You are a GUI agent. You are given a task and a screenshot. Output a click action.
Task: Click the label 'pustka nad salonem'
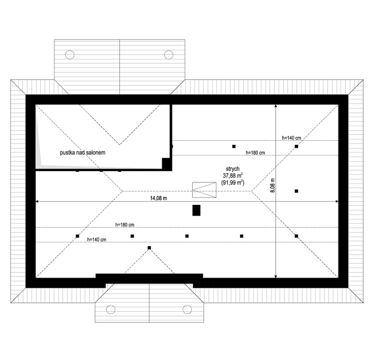click(x=82, y=152)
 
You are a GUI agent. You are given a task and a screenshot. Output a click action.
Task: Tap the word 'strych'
click(x=232, y=169)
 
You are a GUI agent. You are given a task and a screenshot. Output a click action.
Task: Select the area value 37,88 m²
click(x=232, y=175)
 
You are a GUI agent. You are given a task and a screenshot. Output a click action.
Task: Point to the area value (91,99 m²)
click(x=232, y=182)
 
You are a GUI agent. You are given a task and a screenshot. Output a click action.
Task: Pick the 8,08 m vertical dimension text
click(x=273, y=185)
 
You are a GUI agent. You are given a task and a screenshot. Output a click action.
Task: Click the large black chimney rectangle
click(x=197, y=210)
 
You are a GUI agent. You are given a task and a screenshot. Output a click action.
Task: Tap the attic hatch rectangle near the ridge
click(x=204, y=190)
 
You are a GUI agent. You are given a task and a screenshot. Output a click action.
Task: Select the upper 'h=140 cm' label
click(x=291, y=137)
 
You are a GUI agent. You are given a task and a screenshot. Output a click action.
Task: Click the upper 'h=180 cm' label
click(x=255, y=152)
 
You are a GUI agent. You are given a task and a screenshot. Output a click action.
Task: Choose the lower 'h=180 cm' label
click(x=125, y=225)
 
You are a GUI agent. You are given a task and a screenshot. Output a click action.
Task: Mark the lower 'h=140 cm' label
click(x=96, y=239)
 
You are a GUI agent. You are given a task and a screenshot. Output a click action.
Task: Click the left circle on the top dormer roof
click(x=70, y=55)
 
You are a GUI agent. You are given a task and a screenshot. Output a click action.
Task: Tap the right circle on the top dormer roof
click(x=169, y=55)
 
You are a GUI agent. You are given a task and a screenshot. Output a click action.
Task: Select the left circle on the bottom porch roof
click(x=110, y=310)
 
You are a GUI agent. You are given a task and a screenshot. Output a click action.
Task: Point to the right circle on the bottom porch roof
click(x=187, y=310)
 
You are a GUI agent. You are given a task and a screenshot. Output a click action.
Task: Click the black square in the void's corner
click(x=166, y=164)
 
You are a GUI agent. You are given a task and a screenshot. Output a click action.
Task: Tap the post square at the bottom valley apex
click(x=149, y=248)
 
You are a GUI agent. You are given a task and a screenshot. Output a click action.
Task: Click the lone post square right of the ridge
click(x=296, y=191)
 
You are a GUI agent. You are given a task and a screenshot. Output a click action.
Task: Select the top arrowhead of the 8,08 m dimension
click(x=276, y=105)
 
